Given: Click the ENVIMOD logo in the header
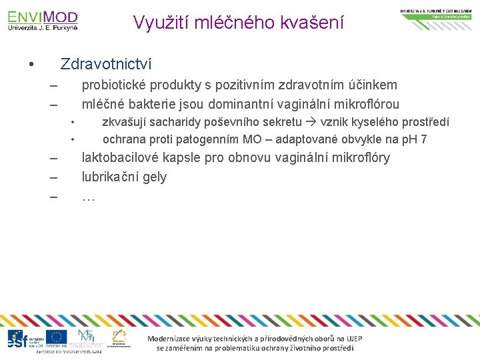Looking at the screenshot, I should pos(43,20).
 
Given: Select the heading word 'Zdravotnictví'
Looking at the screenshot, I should pos(106,65).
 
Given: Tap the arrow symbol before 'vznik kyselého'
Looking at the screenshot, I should pos(311,122).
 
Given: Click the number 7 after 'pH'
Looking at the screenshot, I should pos(423,139).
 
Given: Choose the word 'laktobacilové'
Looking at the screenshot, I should pos(119,158).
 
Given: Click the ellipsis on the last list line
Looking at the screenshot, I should pos(88,197).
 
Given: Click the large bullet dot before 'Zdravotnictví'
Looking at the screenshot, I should pos(31,65).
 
